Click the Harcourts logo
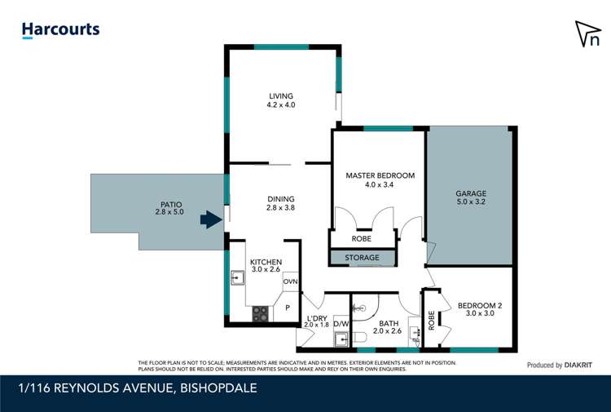(x=60, y=30)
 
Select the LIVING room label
(x=281, y=95)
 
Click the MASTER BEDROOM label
(x=380, y=175)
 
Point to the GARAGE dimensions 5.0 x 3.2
(x=471, y=202)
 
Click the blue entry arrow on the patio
(x=212, y=219)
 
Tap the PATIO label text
(x=170, y=205)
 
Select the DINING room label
(x=281, y=199)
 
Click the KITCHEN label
(x=266, y=262)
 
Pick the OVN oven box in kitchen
(x=291, y=281)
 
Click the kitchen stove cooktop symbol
(x=261, y=313)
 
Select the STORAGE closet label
(x=363, y=258)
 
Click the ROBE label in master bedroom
(x=361, y=239)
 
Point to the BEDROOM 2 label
(x=479, y=307)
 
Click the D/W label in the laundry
(x=341, y=324)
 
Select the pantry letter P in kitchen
(x=288, y=308)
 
